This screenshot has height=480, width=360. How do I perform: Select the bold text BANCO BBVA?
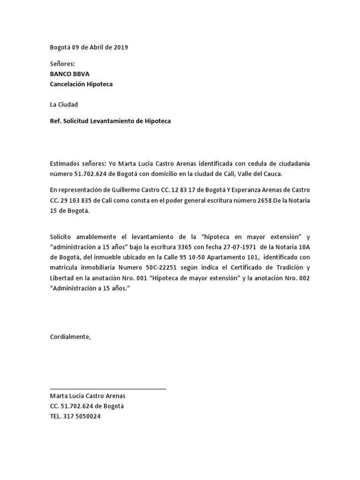pyautogui.click(x=70, y=74)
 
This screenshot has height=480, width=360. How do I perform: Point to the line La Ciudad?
pyautogui.click(x=64, y=104)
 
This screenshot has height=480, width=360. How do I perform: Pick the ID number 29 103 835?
pyautogui.click(x=79, y=200)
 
